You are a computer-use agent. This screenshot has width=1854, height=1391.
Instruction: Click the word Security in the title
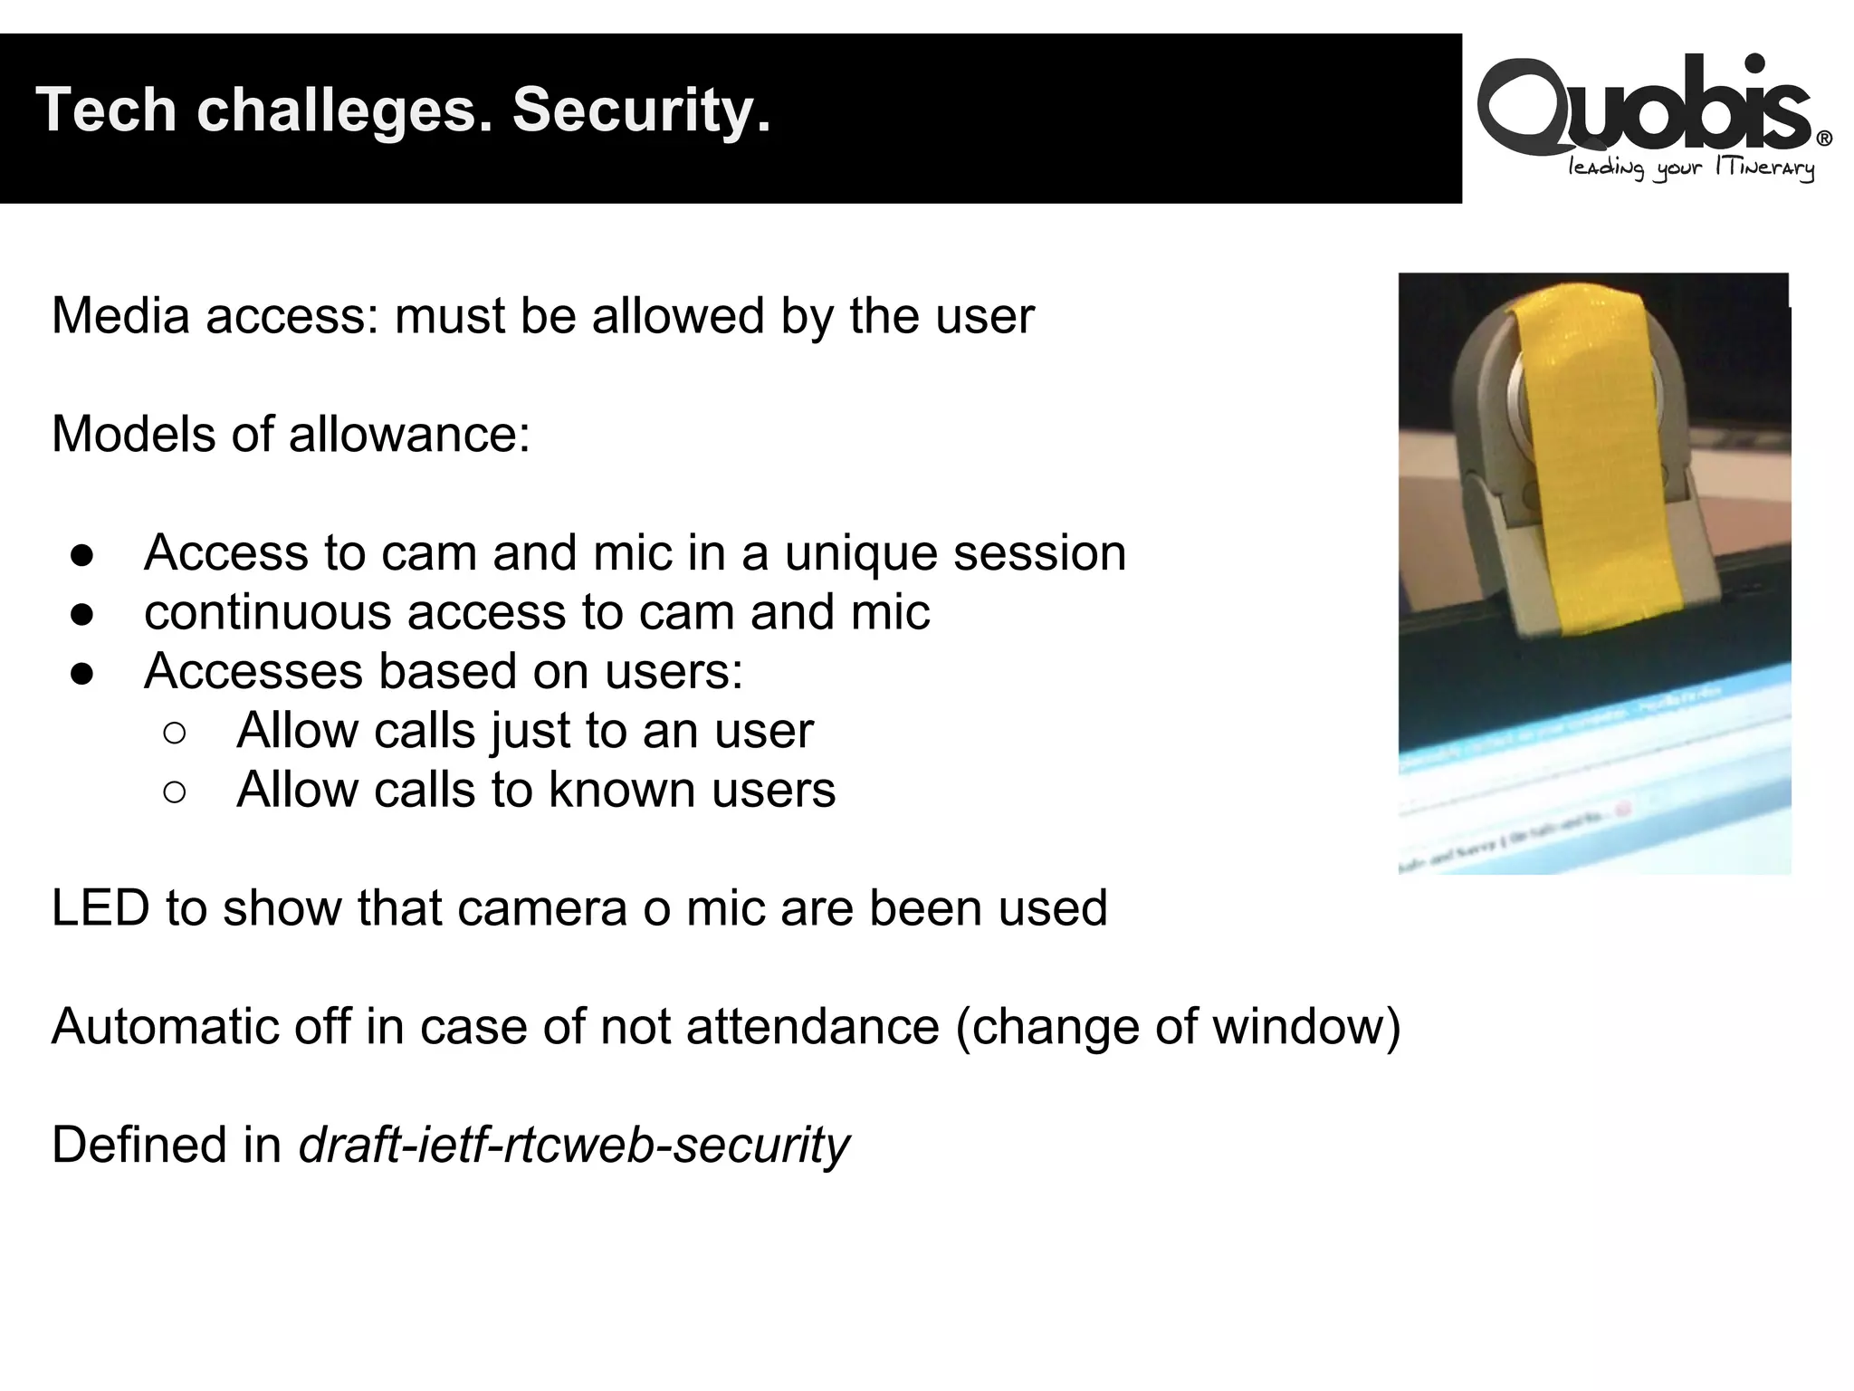coord(641,111)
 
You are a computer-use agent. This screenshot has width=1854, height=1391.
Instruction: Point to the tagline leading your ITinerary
coord(1691,168)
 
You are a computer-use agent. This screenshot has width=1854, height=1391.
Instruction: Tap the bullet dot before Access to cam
coord(82,554)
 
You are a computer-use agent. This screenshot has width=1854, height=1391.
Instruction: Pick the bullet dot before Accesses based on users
coord(82,673)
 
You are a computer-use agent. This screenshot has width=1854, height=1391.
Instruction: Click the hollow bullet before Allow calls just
coord(175,732)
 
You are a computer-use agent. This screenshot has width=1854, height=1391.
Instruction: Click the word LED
coord(100,908)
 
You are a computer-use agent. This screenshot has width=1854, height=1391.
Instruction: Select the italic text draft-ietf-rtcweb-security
coord(574,1146)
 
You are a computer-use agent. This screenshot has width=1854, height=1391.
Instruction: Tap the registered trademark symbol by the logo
coord(1824,139)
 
